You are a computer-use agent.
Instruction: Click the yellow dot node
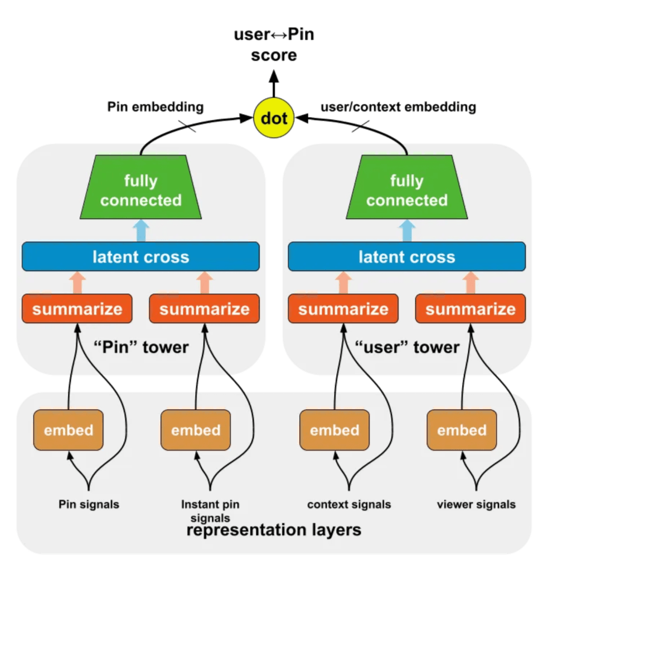pos(274,118)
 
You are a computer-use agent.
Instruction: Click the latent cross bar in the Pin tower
pos(140,256)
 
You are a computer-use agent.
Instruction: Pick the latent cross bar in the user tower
pos(406,256)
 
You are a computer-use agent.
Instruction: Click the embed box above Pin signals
pos(69,430)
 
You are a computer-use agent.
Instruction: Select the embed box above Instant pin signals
pos(196,430)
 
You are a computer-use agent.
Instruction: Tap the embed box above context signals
pos(334,430)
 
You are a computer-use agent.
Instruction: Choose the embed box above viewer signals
pos(462,430)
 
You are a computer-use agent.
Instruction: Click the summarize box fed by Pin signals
pos(77,309)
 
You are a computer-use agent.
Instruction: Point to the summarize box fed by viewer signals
pos(471,309)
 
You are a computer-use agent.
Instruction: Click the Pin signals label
pos(89,505)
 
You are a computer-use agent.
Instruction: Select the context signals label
pos(349,505)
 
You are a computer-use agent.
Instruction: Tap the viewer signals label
pos(476,505)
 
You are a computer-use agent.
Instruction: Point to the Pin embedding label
pos(156,107)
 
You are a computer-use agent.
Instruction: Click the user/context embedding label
pos(399,107)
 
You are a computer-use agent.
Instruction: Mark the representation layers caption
pos(274,530)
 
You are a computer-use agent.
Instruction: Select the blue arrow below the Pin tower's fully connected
pos(142,230)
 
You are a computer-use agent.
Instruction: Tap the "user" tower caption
pos(407,347)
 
